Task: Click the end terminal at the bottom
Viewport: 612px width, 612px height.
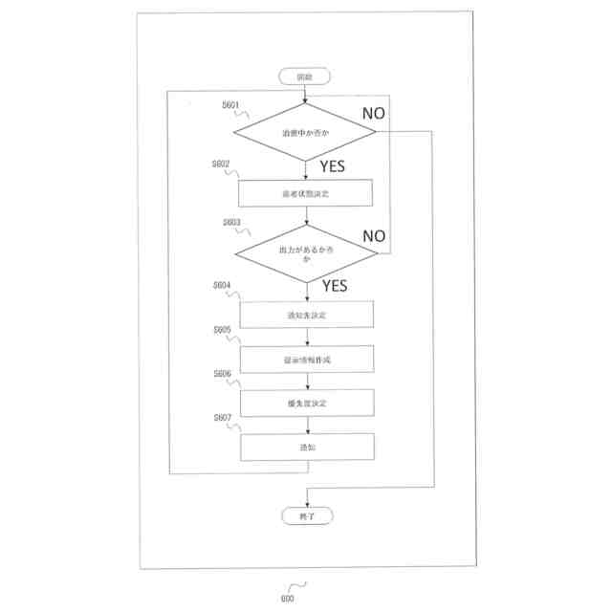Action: (305, 515)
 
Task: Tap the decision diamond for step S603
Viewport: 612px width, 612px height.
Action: (305, 253)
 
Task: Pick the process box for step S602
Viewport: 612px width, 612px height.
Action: (305, 193)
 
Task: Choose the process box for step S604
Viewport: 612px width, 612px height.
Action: (305, 314)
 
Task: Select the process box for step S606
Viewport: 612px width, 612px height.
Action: (305, 403)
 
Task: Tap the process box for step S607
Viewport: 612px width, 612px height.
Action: (305, 447)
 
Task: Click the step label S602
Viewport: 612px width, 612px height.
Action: (224, 164)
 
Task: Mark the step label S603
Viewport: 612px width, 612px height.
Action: (230, 222)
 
